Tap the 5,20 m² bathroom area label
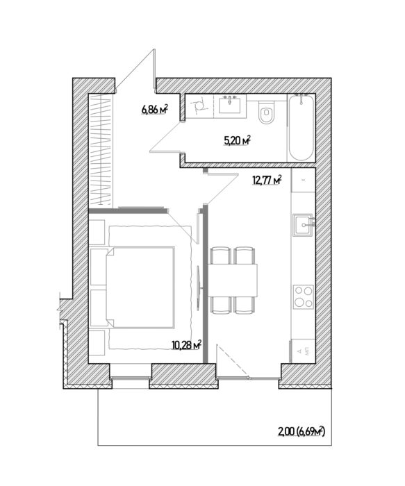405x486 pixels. point(236,140)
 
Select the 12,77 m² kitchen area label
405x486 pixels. point(267,181)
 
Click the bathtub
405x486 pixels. point(302,128)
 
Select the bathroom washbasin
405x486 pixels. point(230,106)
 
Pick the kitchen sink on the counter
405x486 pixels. point(303,224)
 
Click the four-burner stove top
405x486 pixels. point(303,296)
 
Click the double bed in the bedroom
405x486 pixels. point(142,285)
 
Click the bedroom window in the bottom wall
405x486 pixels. point(131,377)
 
